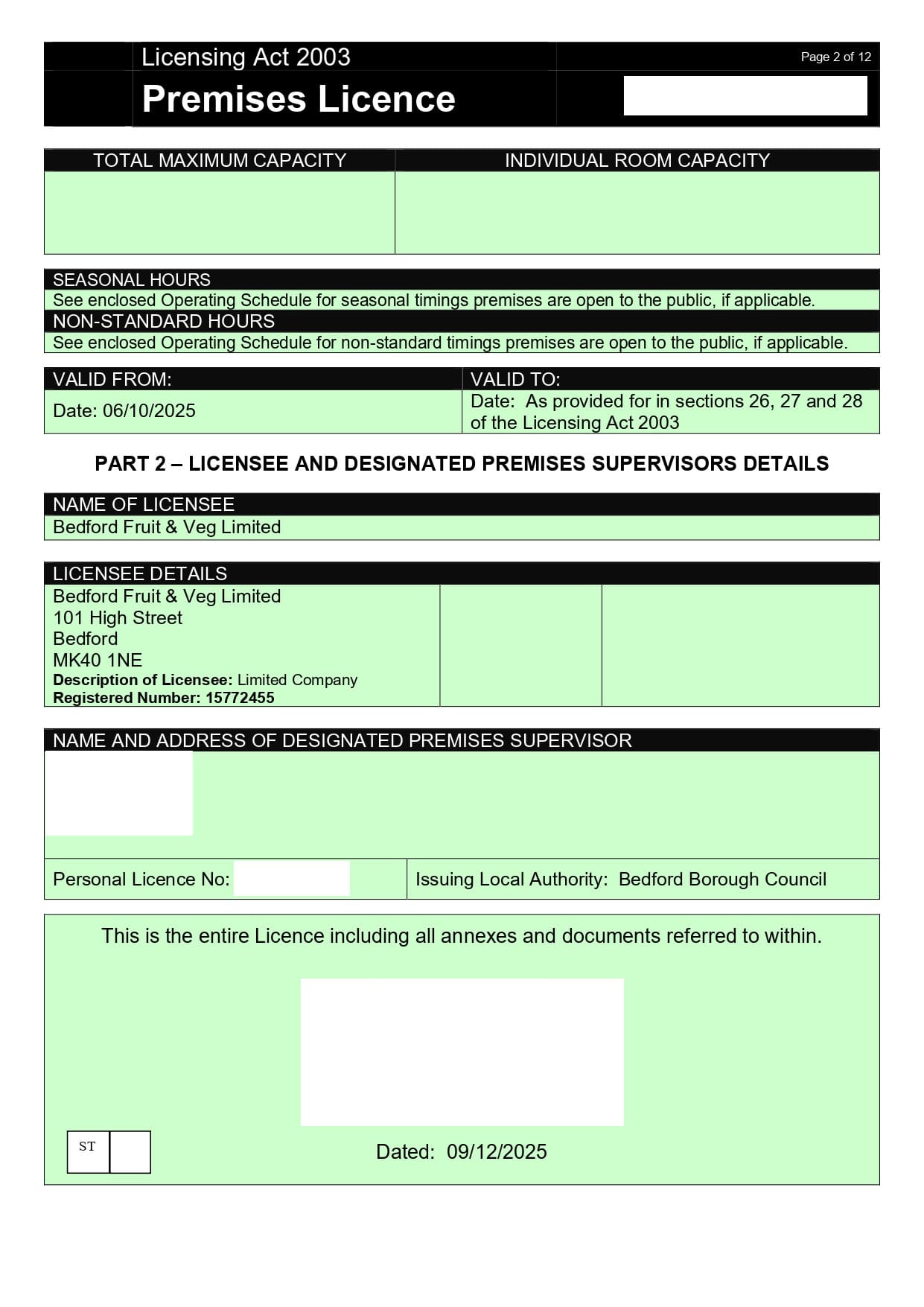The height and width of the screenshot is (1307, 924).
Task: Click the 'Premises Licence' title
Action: tap(298, 99)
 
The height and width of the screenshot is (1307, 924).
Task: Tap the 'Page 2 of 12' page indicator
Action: tap(835, 57)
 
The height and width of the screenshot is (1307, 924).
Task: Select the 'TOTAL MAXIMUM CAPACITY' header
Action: tap(220, 160)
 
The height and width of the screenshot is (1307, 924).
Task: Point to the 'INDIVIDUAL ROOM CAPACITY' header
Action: tap(637, 160)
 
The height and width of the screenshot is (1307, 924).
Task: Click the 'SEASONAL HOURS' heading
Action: tap(132, 280)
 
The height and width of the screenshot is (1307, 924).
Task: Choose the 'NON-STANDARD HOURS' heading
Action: tap(164, 321)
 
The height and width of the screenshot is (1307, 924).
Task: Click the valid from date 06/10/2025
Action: tap(149, 411)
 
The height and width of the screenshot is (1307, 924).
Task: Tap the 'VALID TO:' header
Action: tap(515, 379)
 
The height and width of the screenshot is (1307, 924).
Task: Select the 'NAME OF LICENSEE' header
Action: tap(144, 504)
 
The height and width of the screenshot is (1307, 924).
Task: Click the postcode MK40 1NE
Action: tap(98, 660)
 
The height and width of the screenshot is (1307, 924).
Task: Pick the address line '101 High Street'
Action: tap(118, 617)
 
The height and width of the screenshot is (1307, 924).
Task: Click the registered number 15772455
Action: tap(240, 698)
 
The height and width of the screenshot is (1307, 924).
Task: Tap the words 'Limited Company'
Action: tap(297, 680)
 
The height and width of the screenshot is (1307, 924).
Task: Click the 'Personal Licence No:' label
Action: tap(141, 880)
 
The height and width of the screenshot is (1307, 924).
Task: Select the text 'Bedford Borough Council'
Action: tap(722, 880)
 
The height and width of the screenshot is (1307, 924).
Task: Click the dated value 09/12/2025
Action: tap(497, 1152)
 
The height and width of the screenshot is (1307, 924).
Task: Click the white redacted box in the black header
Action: tap(745, 96)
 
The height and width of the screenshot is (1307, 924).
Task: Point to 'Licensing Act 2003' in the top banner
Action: tap(246, 57)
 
